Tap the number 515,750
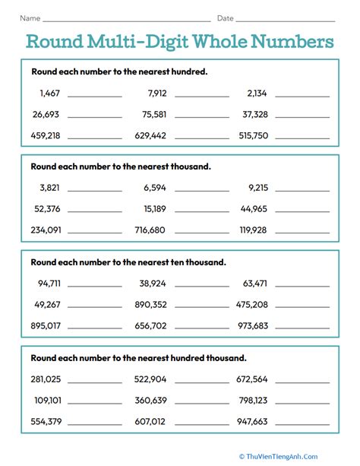[x=253, y=136]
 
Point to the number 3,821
[x=49, y=187]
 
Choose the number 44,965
[x=254, y=208]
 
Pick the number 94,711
[x=47, y=284]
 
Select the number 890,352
[x=150, y=305]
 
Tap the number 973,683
[x=253, y=326]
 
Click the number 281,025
[x=46, y=379]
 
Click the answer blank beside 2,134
[x=302, y=97]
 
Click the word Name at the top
[x=30, y=17]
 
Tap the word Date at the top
[x=226, y=17]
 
